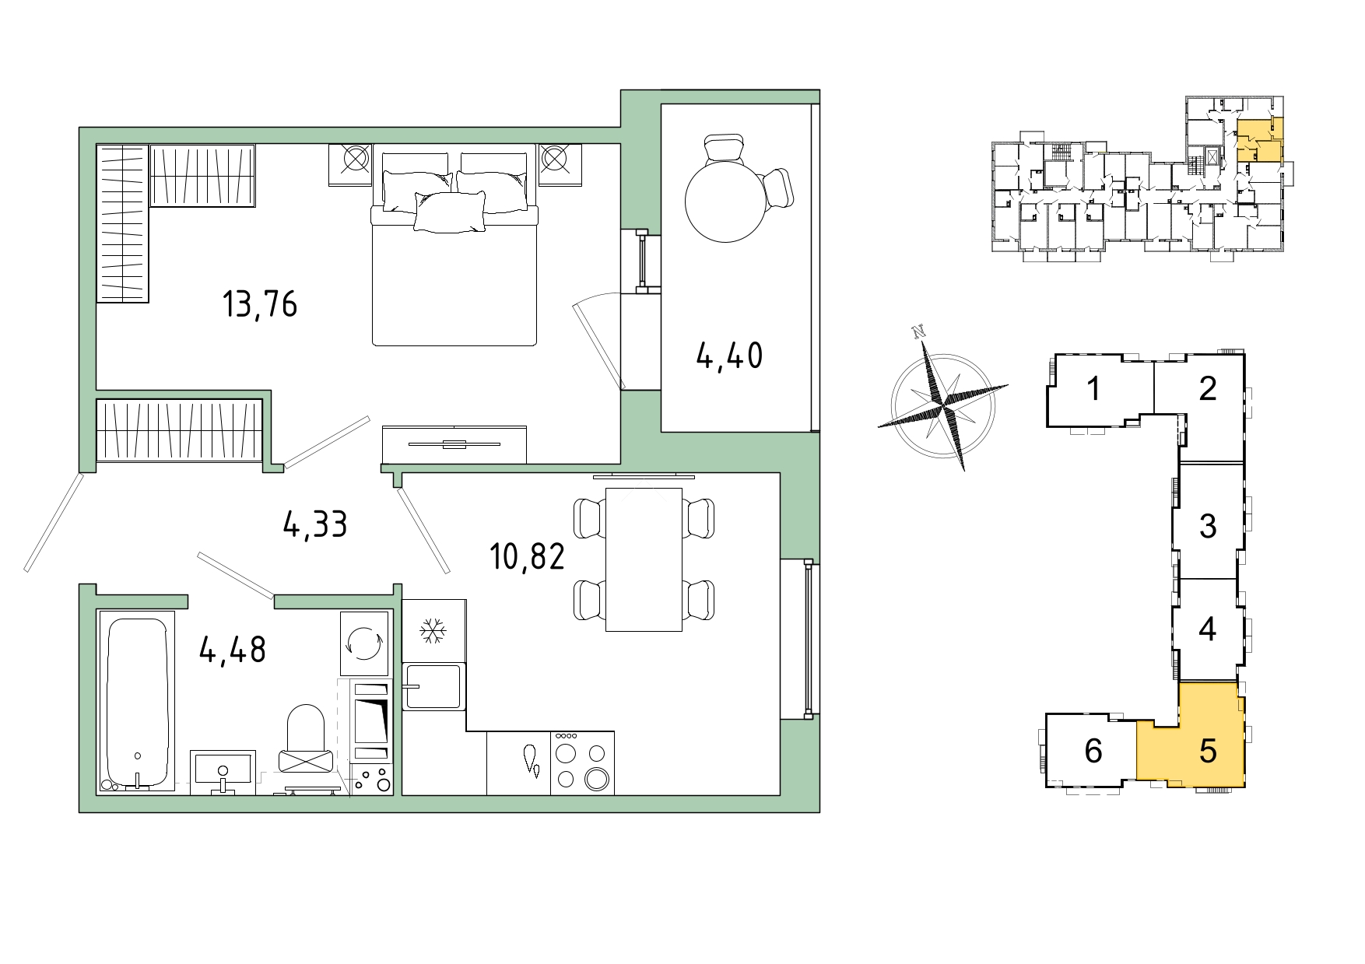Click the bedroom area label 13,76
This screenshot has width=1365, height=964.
(260, 304)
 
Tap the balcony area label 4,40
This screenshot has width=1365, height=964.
(729, 356)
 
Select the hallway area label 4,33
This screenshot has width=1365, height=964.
(315, 524)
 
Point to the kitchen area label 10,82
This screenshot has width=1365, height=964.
(527, 556)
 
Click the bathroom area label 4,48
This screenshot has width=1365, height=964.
(233, 650)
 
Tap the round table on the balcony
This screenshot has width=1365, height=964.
(725, 202)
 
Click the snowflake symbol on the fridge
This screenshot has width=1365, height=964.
(433, 630)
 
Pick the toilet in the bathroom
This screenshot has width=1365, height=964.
(306, 739)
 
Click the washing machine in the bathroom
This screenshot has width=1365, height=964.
(364, 643)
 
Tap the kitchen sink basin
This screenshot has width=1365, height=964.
(433, 686)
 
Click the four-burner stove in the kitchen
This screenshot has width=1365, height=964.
(582, 762)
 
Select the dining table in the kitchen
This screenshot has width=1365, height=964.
(644, 559)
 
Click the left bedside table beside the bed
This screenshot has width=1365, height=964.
(350, 165)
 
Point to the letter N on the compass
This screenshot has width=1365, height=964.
(919, 332)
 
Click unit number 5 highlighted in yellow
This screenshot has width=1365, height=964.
(1208, 751)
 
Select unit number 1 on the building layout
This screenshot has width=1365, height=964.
(1093, 388)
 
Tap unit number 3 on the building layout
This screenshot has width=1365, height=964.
(1208, 526)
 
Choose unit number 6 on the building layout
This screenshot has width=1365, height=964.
(1093, 751)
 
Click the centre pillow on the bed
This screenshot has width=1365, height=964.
(450, 212)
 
